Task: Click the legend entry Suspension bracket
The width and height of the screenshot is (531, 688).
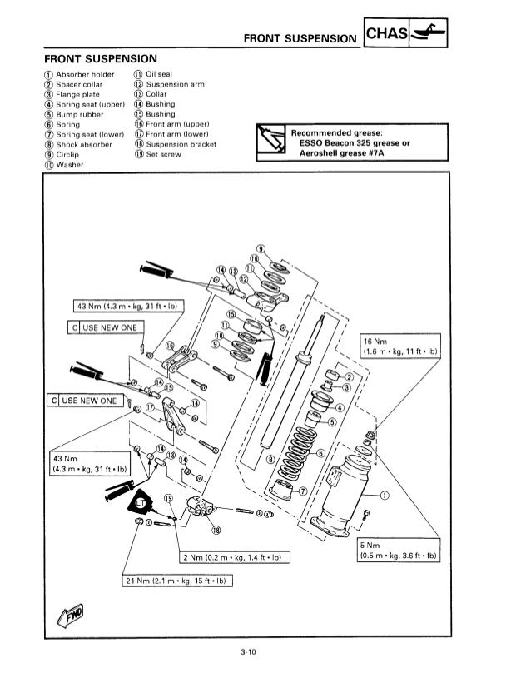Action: pos(181,144)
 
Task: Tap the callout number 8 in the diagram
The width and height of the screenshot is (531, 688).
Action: pos(270,458)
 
